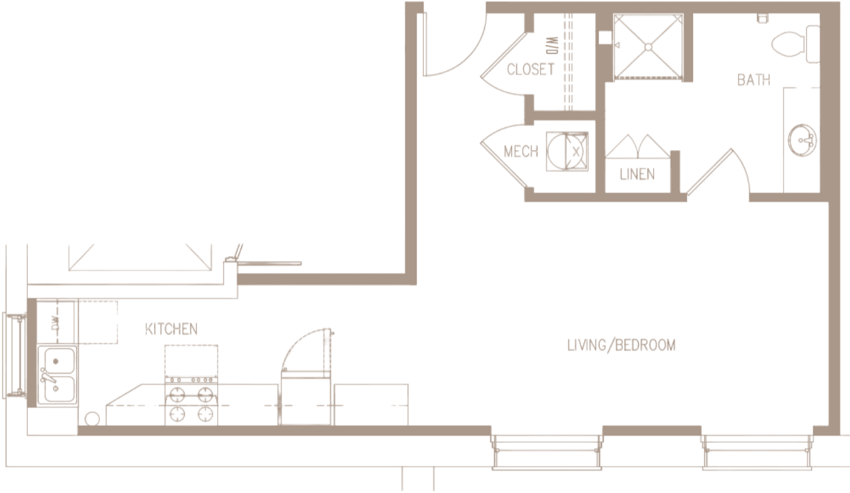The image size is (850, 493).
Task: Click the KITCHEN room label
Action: (171, 329)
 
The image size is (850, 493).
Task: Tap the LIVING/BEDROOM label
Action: (621, 346)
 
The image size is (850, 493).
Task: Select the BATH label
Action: (753, 80)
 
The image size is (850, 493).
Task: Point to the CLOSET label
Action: (530, 69)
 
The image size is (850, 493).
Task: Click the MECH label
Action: (521, 152)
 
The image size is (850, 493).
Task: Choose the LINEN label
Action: (637, 174)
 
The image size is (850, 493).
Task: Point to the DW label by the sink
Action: (55, 324)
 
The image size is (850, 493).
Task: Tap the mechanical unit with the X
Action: (567, 151)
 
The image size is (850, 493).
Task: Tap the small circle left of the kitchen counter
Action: (91, 418)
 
